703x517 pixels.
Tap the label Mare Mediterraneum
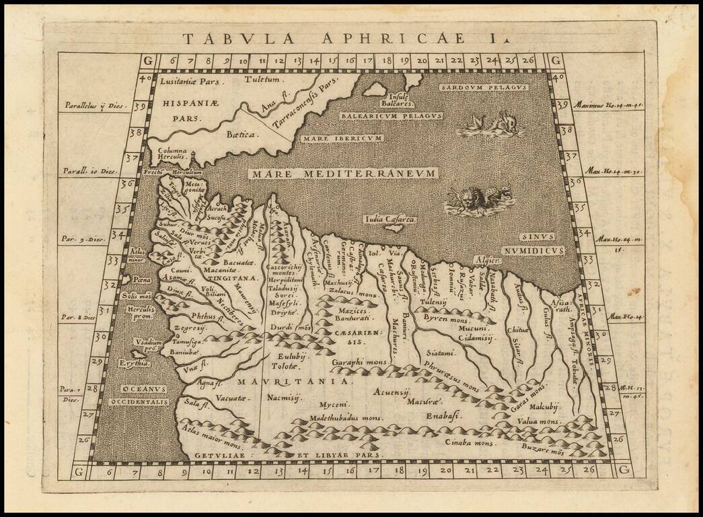click(344, 174)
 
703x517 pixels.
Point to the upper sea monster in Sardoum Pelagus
click(493, 125)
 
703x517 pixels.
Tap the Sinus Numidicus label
click(546, 244)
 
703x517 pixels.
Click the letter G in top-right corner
click(556, 61)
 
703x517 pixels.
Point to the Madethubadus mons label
click(344, 418)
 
